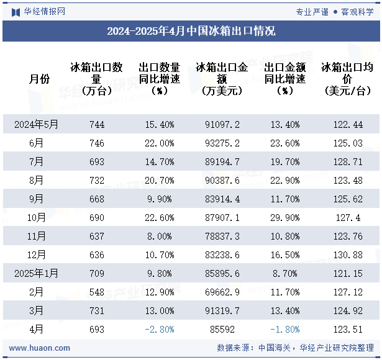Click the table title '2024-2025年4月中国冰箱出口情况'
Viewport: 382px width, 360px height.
tap(191, 31)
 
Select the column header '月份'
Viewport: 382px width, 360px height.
tap(39, 79)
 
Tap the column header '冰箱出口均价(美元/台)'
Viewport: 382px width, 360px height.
tap(347, 79)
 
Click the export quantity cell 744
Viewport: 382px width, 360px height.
tap(97, 125)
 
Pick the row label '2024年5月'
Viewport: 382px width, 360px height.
tap(37, 125)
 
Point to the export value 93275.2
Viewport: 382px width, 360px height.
tap(222, 143)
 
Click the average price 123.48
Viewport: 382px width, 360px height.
tap(347, 181)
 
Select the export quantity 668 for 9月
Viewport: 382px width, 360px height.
tap(97, 199)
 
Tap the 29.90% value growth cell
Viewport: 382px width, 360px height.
tap(285, 218)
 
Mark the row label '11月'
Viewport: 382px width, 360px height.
tap(37, 236)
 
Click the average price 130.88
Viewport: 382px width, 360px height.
tap(347, 255)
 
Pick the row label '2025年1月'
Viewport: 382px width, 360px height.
tap(37, 274)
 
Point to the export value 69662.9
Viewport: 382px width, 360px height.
tap(222, 292)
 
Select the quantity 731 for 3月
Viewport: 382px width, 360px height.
tap(97, 311)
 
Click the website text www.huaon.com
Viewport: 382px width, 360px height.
tap(37, 348)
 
